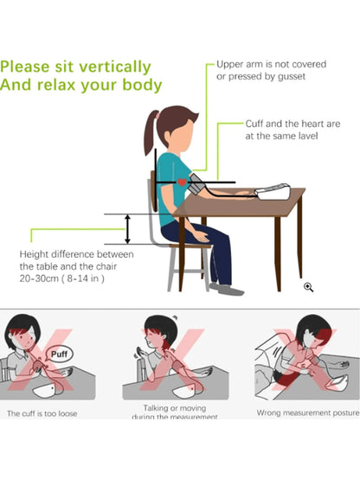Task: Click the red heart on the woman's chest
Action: tap(182, 182)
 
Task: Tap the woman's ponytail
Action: tap(151, 132)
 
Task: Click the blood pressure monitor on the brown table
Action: tap(273, 192)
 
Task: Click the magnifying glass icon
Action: tap(308, 287)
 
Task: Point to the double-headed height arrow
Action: tap(128, 229)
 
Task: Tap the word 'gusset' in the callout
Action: tap(292, 76)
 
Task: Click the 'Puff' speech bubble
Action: tap(59, 354)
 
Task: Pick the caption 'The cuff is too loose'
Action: tap(42, 413)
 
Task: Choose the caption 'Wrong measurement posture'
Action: tap(308, 412)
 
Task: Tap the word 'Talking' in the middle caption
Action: tap(157, 408)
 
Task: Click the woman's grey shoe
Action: tap(230, 291)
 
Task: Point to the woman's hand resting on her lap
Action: tap(202, 236)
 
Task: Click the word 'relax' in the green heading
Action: tap(55, 85)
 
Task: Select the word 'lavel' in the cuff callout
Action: tap(307, 136)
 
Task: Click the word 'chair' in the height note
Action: tap(106, 266)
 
